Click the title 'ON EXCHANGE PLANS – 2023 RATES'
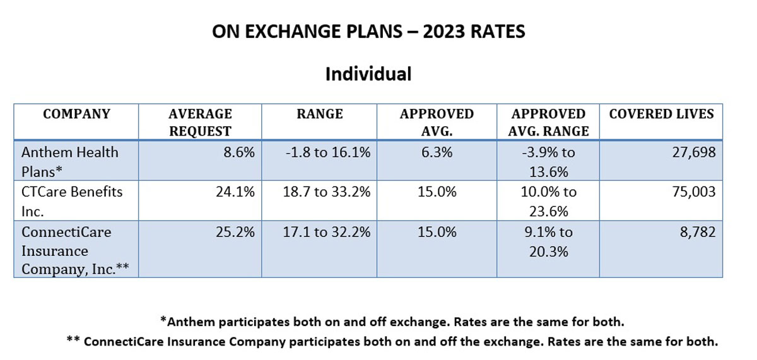tap(368, 32)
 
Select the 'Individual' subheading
tap(368, 74)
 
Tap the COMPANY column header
tap(76, 114)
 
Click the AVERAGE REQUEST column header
tap(200, 122)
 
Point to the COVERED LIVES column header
tap(661, 114)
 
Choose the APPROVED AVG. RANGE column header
tap(548, 122)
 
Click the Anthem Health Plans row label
tap(69, 161)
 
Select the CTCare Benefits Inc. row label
tap(72, 200)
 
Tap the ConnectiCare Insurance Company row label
tap(74, 250)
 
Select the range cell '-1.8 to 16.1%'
tap(319, 152)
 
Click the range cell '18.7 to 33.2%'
tap(319, 191)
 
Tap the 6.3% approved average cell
tap(437, 152)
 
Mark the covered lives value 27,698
tap(693, 152)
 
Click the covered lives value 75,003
tap(693, 191)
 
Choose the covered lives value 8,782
tap(696, 232)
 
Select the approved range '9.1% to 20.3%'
tap(548, 241)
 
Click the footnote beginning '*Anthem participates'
tap(392, 322)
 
